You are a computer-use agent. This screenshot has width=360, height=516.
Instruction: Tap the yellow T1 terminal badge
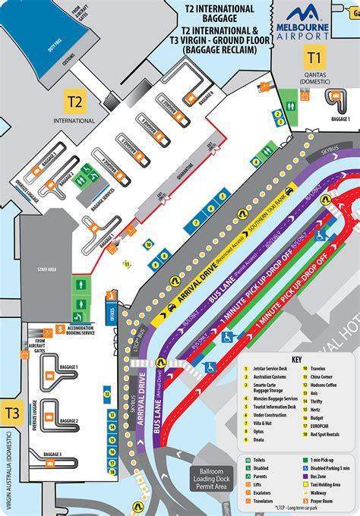[314, 56]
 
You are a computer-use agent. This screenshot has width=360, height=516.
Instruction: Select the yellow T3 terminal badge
[11, 412]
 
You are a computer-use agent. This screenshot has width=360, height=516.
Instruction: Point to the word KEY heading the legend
[297, 360]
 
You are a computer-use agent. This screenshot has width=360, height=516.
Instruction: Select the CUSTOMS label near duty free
[67, 58]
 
